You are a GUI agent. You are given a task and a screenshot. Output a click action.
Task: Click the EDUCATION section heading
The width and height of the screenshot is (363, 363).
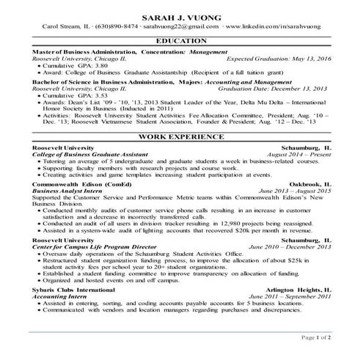(181, 41)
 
